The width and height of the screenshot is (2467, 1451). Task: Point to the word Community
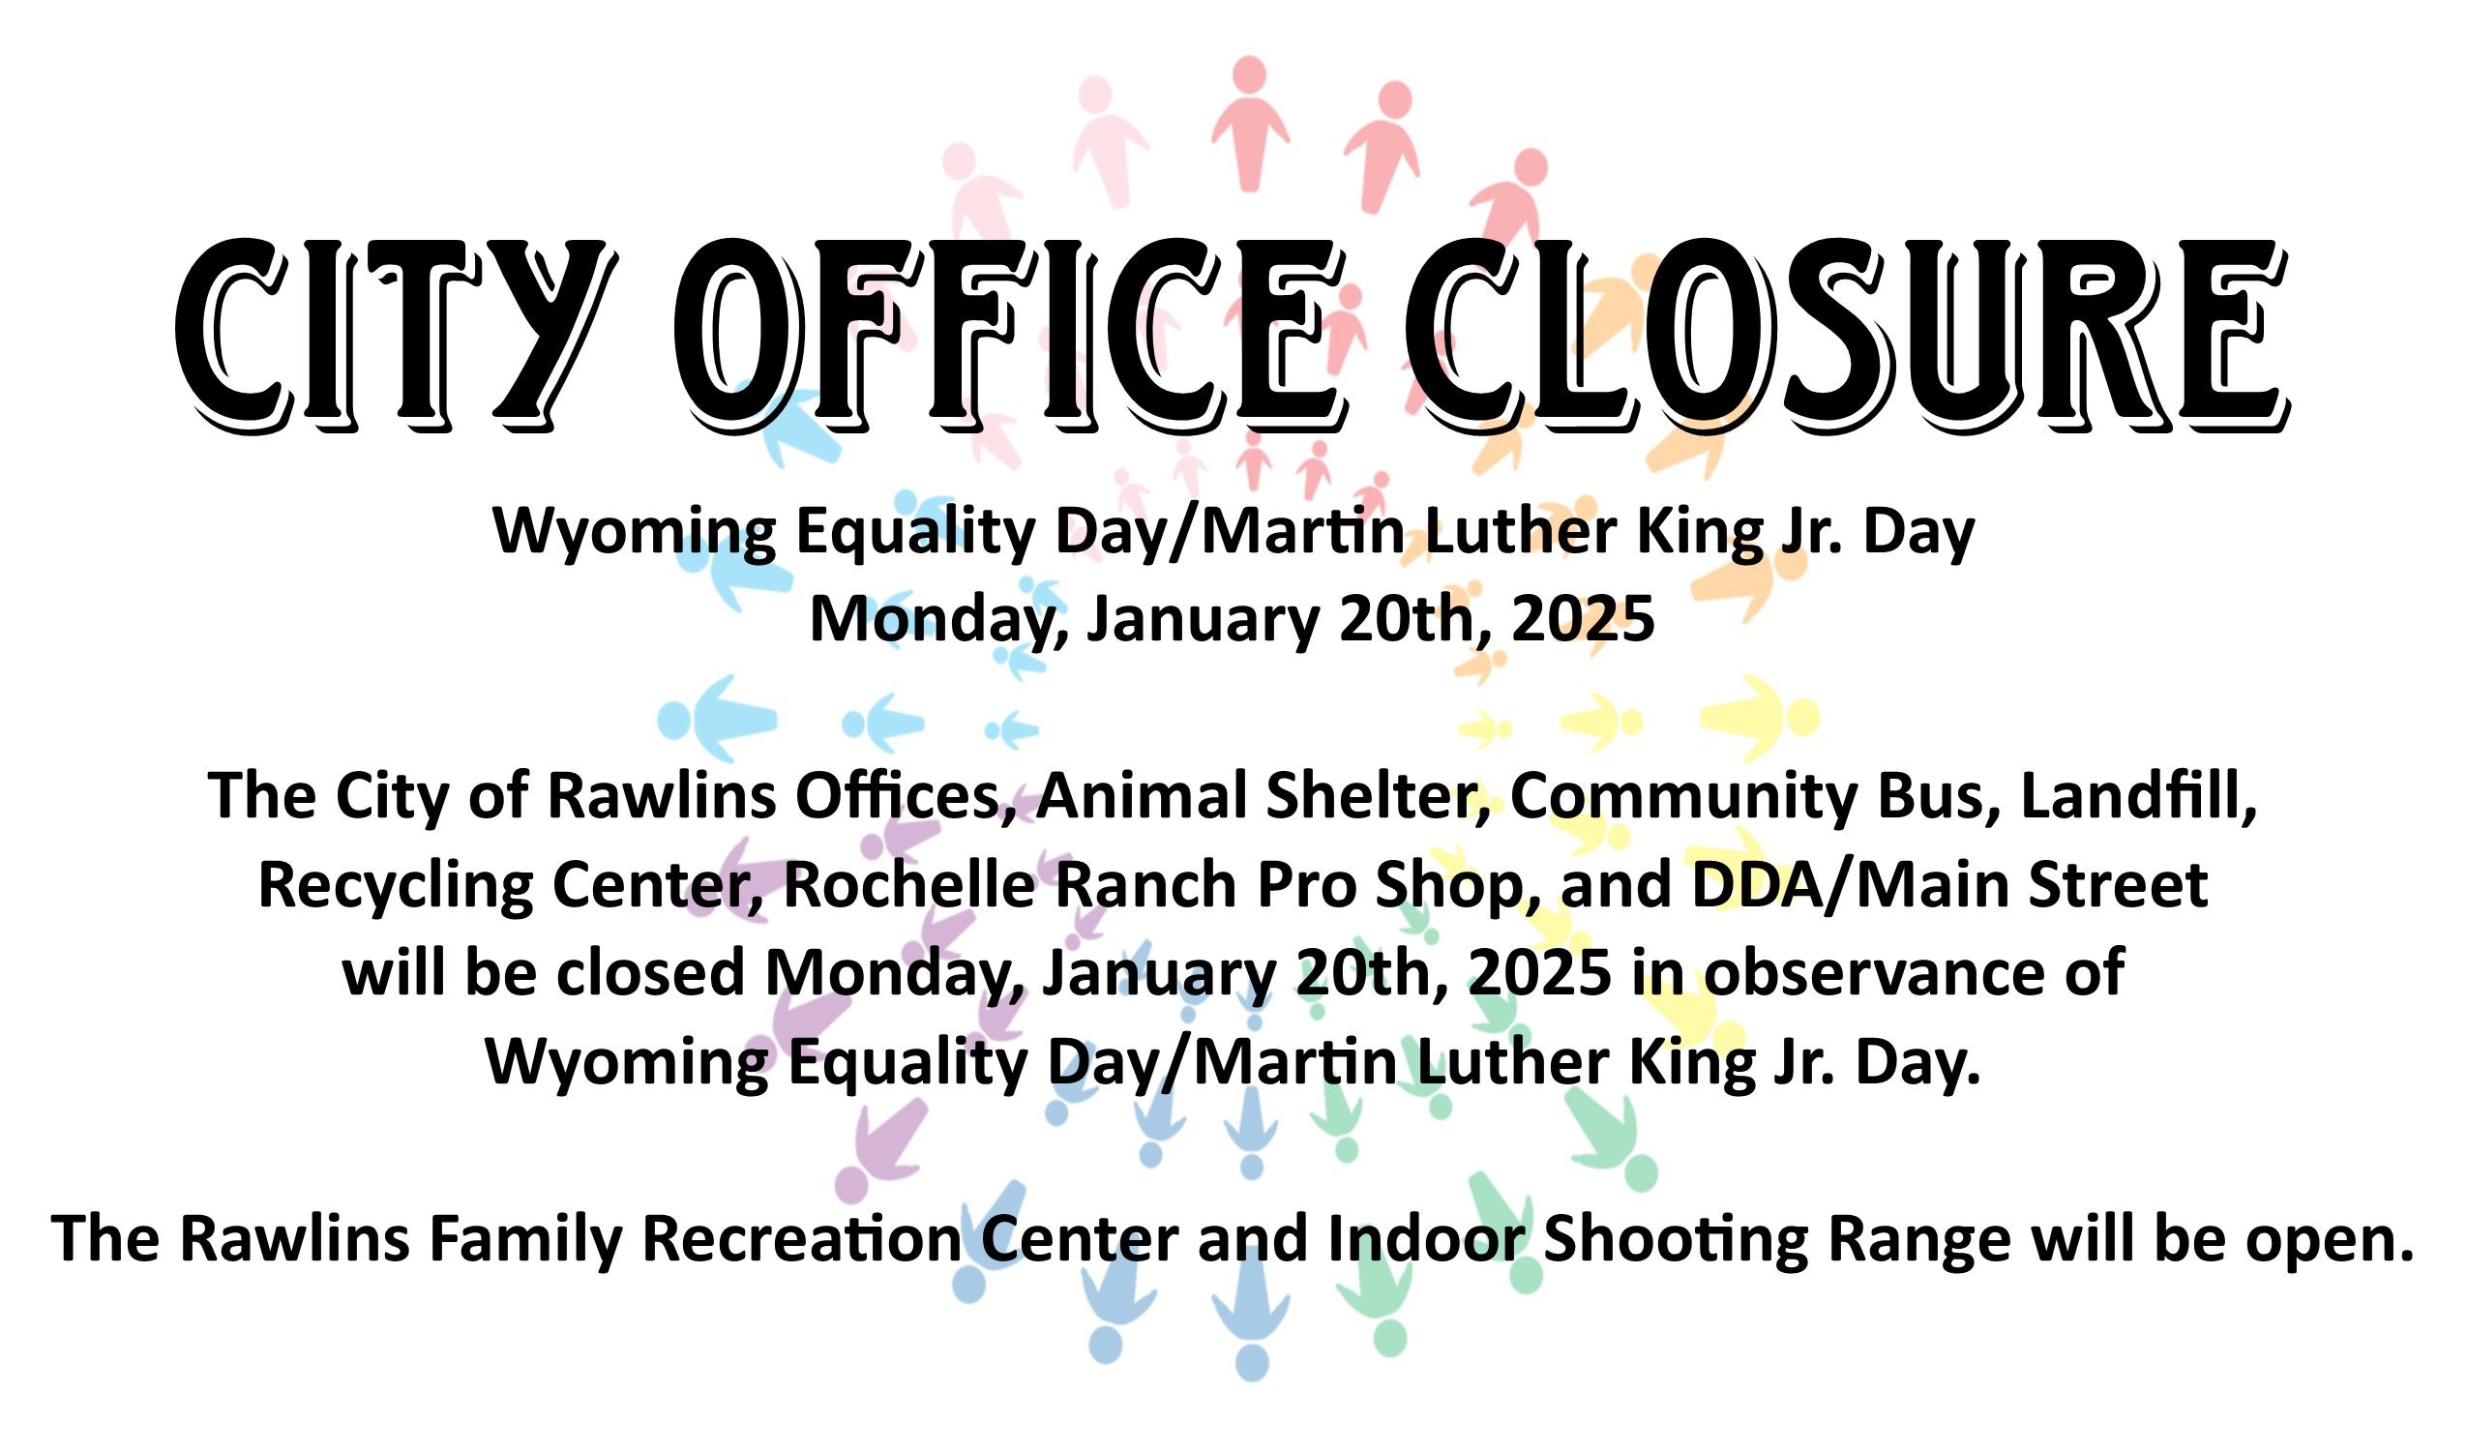[1682, 797]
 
